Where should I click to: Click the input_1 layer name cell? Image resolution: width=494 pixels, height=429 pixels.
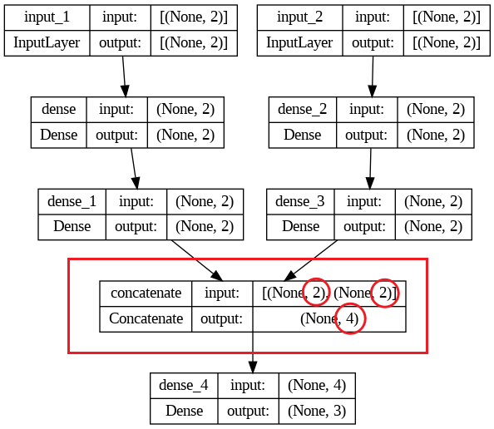(x=47, y=17)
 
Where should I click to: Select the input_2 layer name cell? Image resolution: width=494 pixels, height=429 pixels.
(x=300, y=17)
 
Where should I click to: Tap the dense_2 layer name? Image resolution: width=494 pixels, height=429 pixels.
(x=303, y=109)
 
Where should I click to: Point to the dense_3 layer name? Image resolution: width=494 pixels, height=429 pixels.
(x=300, y=201)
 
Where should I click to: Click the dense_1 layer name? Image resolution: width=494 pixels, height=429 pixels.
(x=72, y=201)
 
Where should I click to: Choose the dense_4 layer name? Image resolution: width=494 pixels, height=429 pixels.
(x=184, y=385)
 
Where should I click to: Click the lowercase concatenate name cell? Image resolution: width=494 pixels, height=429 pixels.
(x=146, y=293)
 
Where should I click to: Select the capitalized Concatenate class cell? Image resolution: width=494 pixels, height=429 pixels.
(x=146, y=319)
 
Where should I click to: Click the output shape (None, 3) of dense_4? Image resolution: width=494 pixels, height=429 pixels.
(x=317, y=411)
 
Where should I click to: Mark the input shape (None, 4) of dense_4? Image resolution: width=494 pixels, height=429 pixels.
(x=317, y=385)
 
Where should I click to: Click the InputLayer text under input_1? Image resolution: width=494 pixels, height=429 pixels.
(x=47, y=43)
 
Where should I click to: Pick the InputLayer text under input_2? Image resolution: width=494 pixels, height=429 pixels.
(x=299, y=43)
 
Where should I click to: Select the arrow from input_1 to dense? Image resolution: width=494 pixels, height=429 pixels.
(x=124, y=76)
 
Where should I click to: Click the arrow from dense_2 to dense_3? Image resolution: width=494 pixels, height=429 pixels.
(x=371, y=169)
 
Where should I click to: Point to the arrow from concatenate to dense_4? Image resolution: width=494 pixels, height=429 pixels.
(x=253, y=353)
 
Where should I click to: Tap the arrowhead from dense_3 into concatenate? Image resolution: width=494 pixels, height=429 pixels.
(x=290, y=275)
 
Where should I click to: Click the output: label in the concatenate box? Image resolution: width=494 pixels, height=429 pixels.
(x=222, y=319)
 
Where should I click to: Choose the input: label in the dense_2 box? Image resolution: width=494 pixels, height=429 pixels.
(x=367, y=110)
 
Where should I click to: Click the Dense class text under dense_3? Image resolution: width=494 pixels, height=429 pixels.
(x=301, y=226)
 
